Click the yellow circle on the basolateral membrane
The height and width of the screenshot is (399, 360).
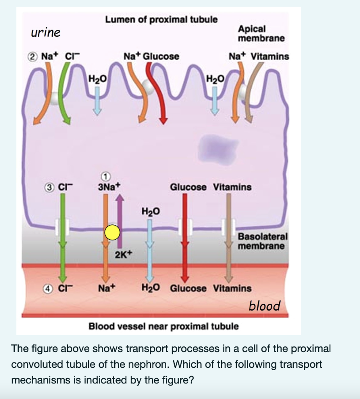point(112,233)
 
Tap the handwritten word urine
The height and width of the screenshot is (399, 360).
point(46,32)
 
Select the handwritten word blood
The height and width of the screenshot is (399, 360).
point(264,305)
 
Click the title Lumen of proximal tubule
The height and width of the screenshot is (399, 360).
point(161,19)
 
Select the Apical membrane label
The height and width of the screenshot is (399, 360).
point(261,34)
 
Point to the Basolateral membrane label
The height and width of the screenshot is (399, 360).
point(262,241)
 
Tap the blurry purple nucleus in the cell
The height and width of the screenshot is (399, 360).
point(218,148)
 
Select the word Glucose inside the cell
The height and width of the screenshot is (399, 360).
point(188,187)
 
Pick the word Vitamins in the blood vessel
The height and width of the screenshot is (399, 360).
point(232,289)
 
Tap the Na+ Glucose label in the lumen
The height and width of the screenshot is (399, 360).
point(151,56)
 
